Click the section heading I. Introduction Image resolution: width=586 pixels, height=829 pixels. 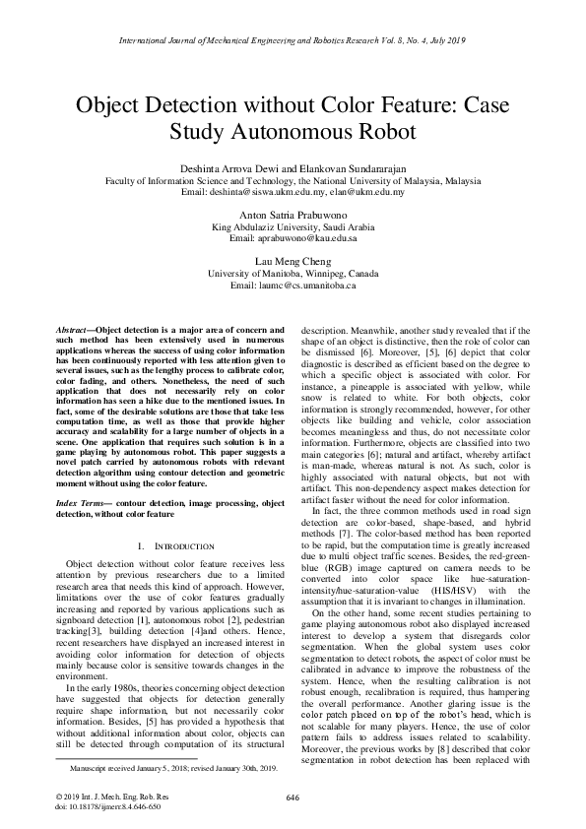click(x=171, y=545)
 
